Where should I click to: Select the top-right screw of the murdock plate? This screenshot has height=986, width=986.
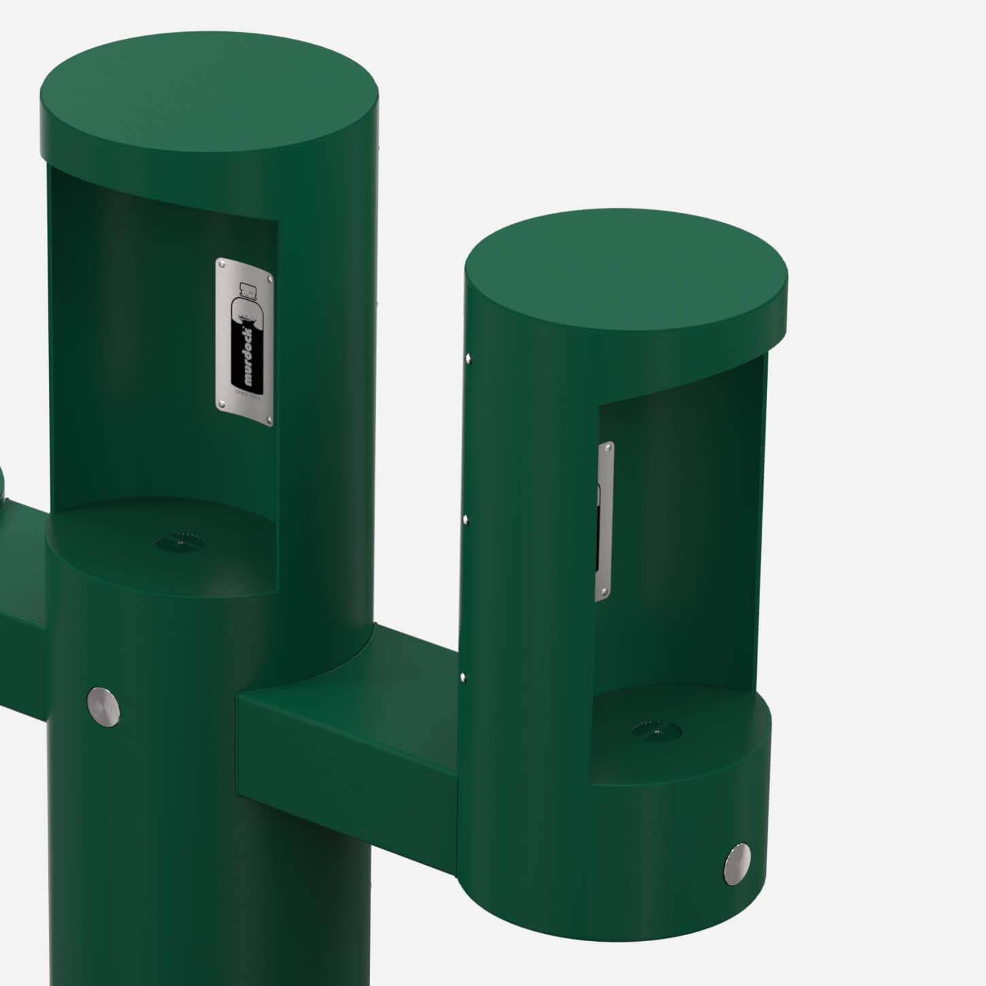coord(270,278)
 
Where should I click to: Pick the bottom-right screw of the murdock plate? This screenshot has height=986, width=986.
coord(269,419)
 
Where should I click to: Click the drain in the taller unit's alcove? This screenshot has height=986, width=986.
coord(181,542)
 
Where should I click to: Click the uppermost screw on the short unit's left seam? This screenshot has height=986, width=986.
coord(467,356)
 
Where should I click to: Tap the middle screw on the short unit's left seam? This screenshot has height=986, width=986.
coord(464,520)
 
